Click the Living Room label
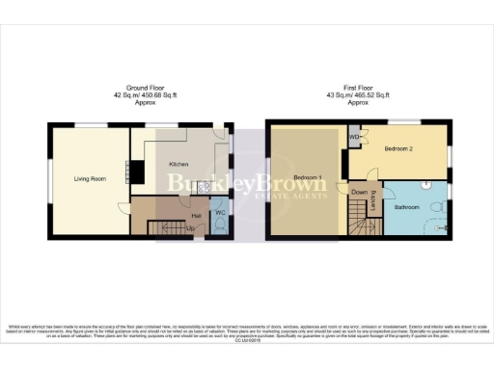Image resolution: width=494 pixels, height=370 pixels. pos(90,178)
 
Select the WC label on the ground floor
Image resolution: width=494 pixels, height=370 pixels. pos(220,212)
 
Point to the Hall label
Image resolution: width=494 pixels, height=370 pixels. pos(197,215)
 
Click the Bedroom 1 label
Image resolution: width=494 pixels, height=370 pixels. pos(309,179)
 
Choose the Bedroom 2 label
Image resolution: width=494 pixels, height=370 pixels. pos(398,150)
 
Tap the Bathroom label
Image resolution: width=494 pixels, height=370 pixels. pos(407,206)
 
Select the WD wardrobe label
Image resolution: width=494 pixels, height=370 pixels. pos(354,136)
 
